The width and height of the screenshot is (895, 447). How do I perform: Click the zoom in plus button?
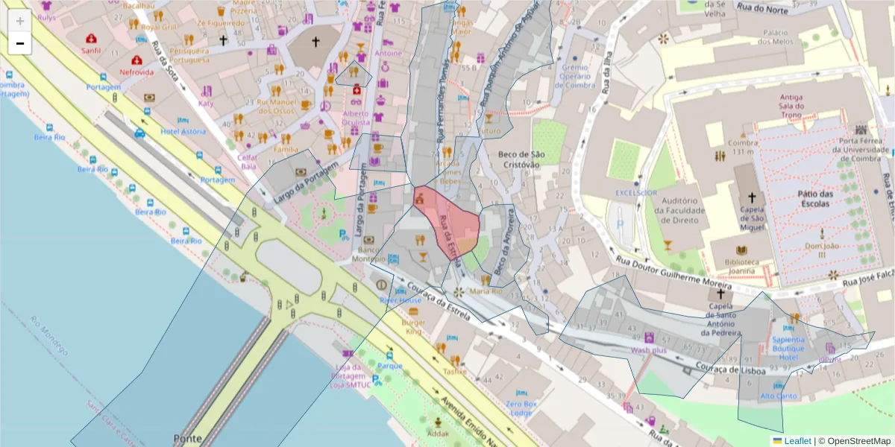click(20, 21)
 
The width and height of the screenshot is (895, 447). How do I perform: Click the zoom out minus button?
click(20, 43)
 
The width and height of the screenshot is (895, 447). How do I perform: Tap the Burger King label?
click(413, 328)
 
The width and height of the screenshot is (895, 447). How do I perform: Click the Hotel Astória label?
click(183, 132)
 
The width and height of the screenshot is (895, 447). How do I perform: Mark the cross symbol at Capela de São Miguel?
click(751, 198)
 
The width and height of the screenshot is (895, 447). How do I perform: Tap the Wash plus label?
click(648, 349)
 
